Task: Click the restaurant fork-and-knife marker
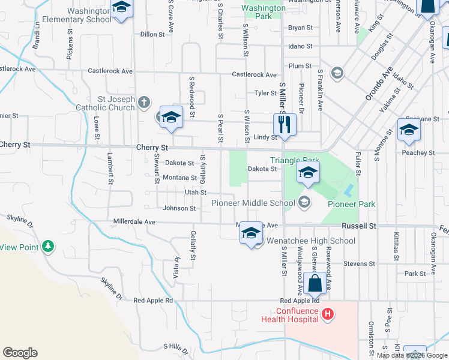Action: [x=285, y=125]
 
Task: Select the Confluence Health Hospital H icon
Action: [x=328, y=313]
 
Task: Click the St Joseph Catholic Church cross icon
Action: [x=143, y=102]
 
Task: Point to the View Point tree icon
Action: [x=48, y=246]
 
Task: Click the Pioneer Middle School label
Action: [x=253, y=203]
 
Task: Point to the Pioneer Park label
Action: [x=351, y=204]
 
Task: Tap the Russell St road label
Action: [x=359, y=226]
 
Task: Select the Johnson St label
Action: [x=179, y=208]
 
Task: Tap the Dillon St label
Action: [x=152, y=34]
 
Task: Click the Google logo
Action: [x=20, y=353]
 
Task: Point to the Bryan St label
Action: [x=300, y=28]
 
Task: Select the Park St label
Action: [x=415, y=274]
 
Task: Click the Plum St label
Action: [x=300, y=65]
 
